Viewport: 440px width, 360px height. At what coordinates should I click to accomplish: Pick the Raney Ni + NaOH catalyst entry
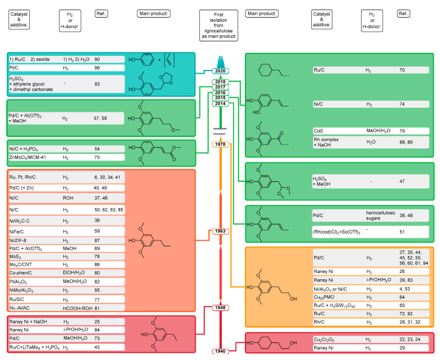click(x=30, y=322)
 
